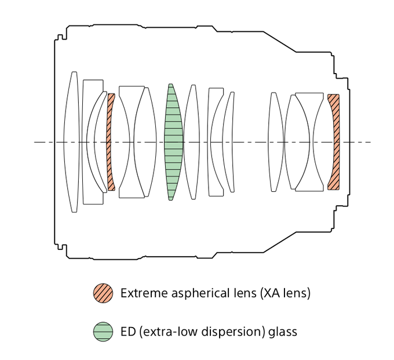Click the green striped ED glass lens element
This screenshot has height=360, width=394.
coord(173,142)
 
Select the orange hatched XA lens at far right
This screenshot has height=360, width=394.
coord(333,142)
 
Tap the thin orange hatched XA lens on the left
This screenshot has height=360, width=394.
coord(110,142)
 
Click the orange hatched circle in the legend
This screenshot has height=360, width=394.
coord(103,293)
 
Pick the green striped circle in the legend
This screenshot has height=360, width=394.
coord(103,332)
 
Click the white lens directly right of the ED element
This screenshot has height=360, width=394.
coord(192,142)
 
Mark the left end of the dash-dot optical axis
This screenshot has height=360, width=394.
coord(35,142)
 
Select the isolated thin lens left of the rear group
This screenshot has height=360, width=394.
coord(275,142)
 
